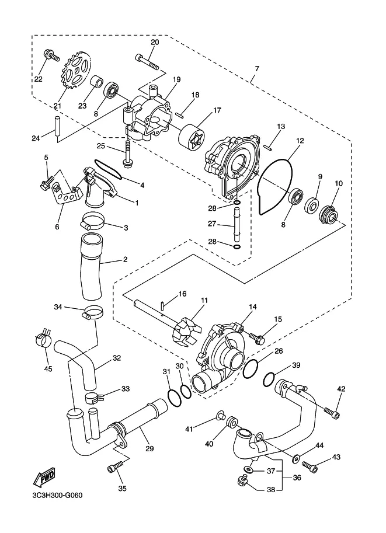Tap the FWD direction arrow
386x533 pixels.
click(x=44, y=476)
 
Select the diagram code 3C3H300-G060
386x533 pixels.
click(x=55, y=495)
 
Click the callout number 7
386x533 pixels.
click(x=257, y=69)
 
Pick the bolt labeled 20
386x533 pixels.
click(x=147, y=61)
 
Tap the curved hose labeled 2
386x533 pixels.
click(x=92, y=267)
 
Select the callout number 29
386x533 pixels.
click(x=149, y=449)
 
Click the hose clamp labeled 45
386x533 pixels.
click(x=44, y=337)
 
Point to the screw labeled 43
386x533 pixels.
click(x=310, y=466)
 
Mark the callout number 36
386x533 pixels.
click(x=297, y=478)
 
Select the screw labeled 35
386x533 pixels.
click(x=114, y=468)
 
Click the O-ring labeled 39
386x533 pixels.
click(x=269, y=379)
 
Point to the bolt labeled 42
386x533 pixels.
click(x=332, y=413)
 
